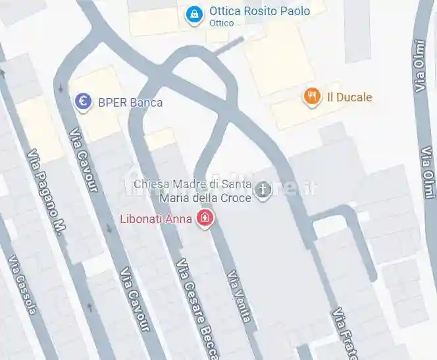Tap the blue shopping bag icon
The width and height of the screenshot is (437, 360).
193,14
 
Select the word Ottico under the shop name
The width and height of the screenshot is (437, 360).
221,23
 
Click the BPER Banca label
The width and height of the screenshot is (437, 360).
130,102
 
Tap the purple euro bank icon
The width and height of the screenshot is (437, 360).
83,101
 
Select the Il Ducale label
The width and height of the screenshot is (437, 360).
349,97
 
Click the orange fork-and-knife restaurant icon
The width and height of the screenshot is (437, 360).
312,97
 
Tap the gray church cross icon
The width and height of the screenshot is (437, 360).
263,191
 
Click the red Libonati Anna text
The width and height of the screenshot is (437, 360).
156,218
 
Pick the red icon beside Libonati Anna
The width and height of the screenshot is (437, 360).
206,218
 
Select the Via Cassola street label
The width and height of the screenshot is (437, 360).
21,293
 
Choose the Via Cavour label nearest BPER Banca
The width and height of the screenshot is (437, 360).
84,161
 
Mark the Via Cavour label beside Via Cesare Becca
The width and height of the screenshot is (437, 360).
134,303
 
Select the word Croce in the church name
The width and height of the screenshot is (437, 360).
235,197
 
